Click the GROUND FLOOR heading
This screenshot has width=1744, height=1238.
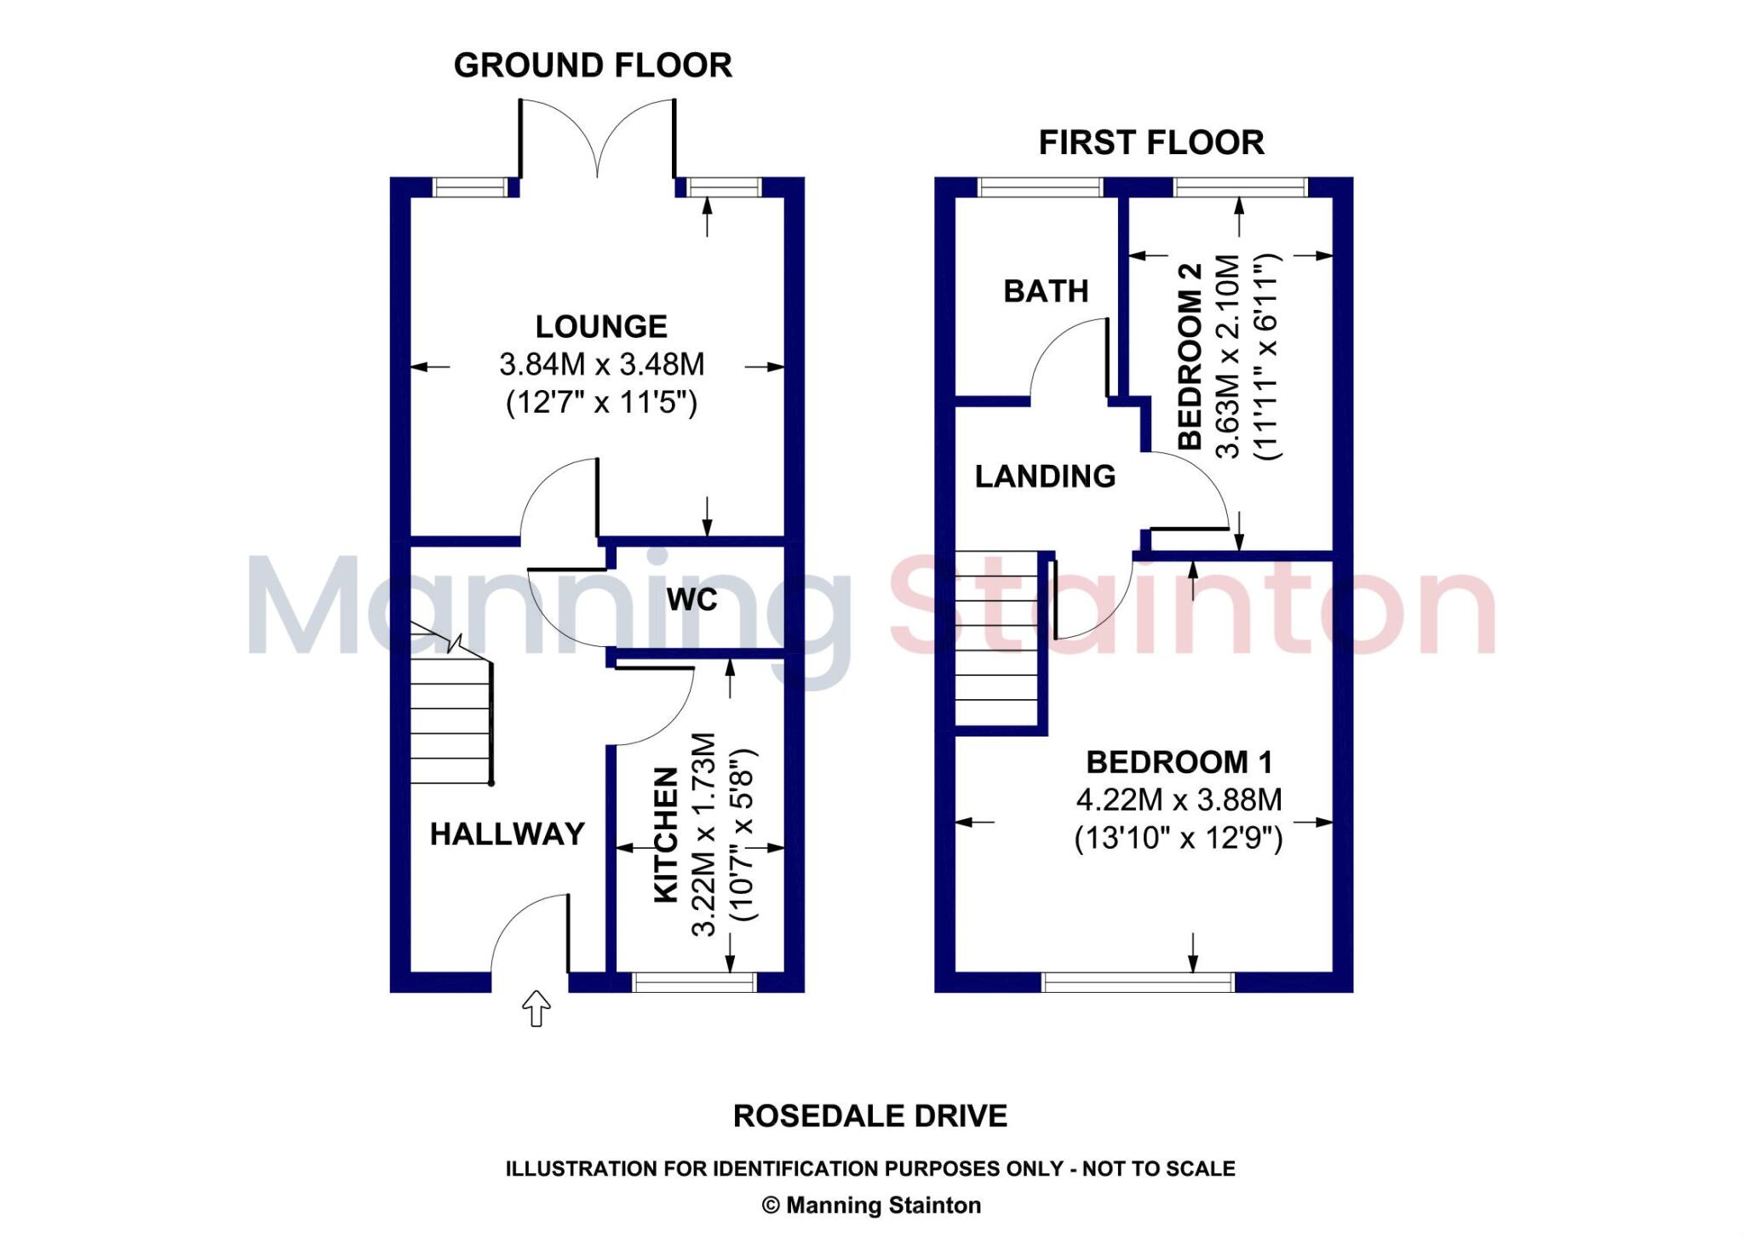(x=593, y=66)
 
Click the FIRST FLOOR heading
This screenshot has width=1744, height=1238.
(x=1151, y=142)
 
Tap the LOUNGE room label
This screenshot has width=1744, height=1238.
(x=601, y=326)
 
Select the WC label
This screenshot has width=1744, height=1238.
(x=691, y=599)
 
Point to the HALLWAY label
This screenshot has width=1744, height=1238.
(x=508, y=834)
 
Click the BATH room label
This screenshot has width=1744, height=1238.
(x=1046, y=291)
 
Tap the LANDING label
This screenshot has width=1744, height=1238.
(x=1045, y=476)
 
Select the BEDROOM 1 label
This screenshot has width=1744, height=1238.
(x=1179, y=762)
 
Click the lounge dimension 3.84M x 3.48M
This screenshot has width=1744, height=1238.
(x=601, y=364)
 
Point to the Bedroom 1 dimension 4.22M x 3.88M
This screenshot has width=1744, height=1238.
(x=1179, y=800)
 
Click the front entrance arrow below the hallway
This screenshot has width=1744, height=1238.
(x=536, y=1008)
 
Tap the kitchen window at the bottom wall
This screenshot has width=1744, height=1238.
(x=694, y=983)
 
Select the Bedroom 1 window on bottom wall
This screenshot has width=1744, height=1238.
(x=1138, y=983)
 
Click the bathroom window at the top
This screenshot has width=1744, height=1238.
(x=1040, y=187)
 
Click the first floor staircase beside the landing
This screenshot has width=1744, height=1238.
(x=996, y=639)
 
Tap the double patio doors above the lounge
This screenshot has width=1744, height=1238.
(x=597, y=140)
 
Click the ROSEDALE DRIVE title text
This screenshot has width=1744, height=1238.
(x=869, y=1116)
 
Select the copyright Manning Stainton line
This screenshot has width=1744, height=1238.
(x=870, y=1206)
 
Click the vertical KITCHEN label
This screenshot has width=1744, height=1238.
(x=666, y=834)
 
